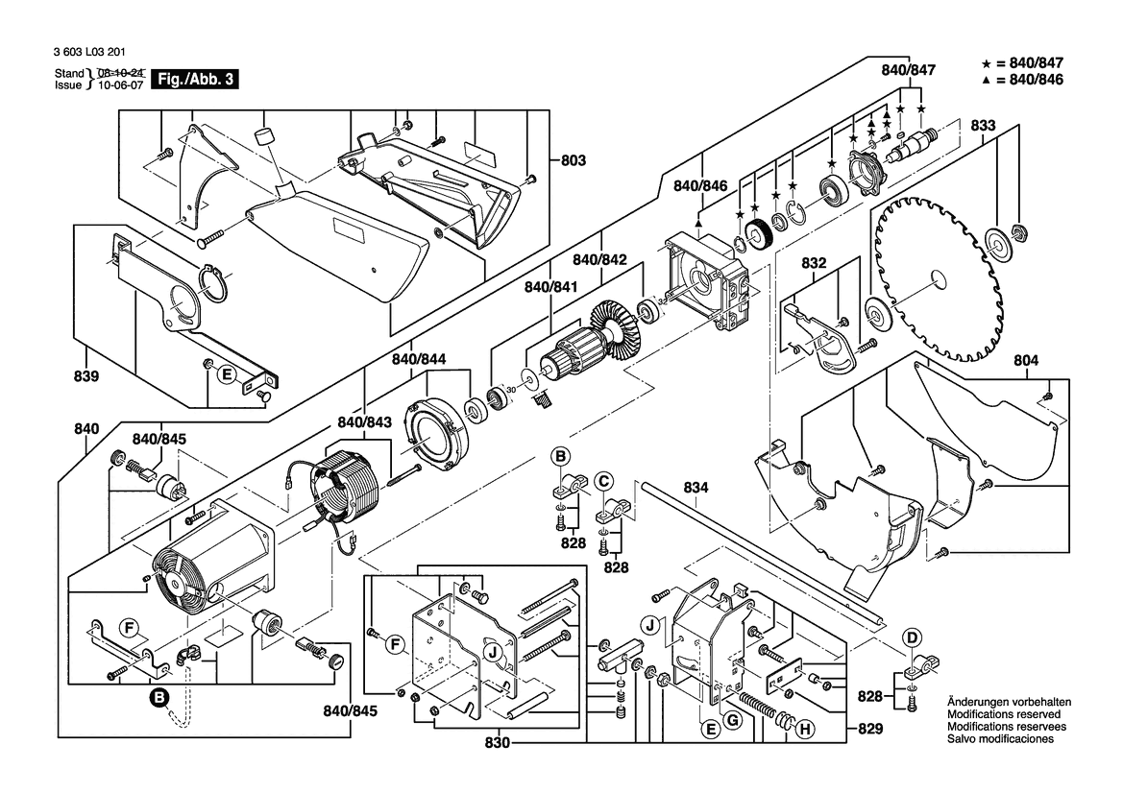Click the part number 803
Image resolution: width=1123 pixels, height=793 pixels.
573,162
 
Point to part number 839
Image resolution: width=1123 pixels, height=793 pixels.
86,377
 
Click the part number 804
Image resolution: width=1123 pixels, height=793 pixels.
1026,361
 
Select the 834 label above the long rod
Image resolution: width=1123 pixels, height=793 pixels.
696,489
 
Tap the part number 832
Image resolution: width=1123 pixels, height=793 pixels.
814,262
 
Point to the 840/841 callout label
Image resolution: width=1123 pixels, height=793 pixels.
549,287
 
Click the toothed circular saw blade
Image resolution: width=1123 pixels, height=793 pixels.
937,278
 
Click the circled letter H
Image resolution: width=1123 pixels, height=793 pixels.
805,730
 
